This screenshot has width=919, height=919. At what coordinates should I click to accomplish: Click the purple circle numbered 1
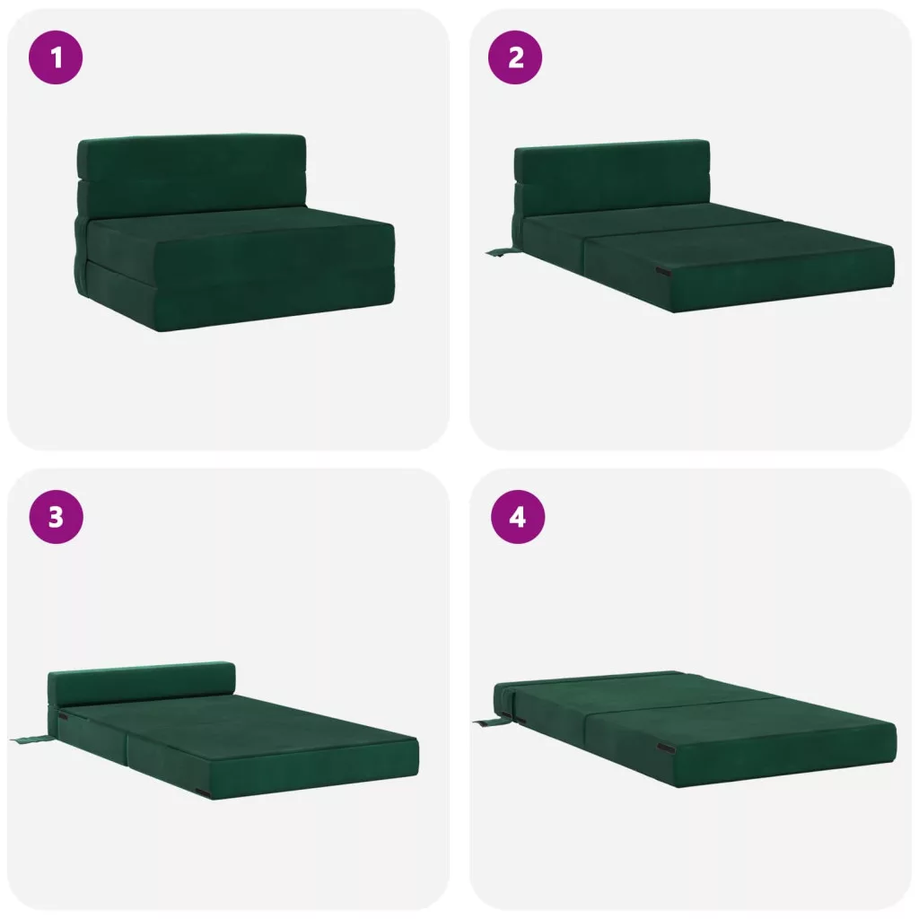coord(56,57)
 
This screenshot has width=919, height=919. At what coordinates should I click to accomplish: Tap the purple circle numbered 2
coord(515,57)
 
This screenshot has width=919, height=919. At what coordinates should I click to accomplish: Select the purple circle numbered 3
coord(56,517)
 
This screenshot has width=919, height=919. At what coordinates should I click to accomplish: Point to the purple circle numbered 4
coord(518,517)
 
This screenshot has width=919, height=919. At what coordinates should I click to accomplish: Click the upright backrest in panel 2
coord(612,179)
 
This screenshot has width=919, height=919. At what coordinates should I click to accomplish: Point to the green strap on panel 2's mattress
coord(500,252)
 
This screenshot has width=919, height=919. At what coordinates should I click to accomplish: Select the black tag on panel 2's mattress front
coord(663,271)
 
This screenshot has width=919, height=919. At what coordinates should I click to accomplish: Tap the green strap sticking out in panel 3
coord(32,740)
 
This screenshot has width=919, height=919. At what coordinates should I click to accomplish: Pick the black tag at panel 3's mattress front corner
coord(203,793)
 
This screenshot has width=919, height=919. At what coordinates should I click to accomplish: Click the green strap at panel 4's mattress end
coord(487,722)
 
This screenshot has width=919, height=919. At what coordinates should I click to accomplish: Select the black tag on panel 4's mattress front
coord(666,748)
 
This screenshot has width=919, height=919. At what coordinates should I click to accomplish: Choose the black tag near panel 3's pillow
coord(62,717)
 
